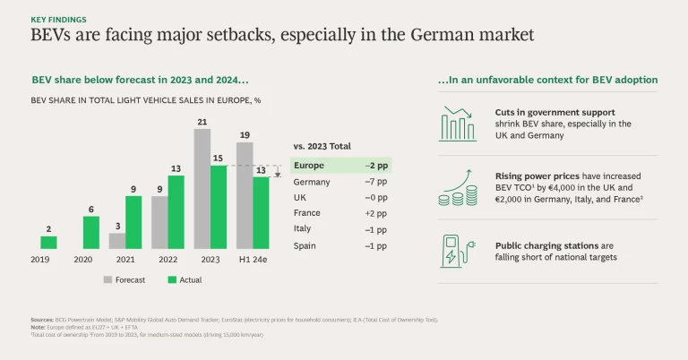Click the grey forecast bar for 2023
202,188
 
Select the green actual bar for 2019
48,242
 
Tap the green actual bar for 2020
91,232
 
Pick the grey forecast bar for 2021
117,241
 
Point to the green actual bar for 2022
176,212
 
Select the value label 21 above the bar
202,121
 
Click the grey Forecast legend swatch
107,280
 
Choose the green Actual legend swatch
174,280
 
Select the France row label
306,213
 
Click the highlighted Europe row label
309,166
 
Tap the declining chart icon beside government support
459,124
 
